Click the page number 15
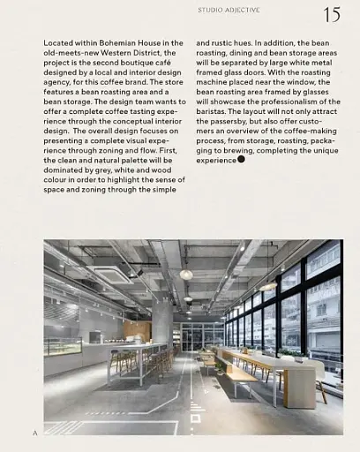pos(333,15)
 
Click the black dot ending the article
pos(241,160)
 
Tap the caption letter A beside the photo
pos(34,433)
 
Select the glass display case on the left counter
pos(62,347)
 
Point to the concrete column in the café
pos(163,322)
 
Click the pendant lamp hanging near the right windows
pos(267,287)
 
